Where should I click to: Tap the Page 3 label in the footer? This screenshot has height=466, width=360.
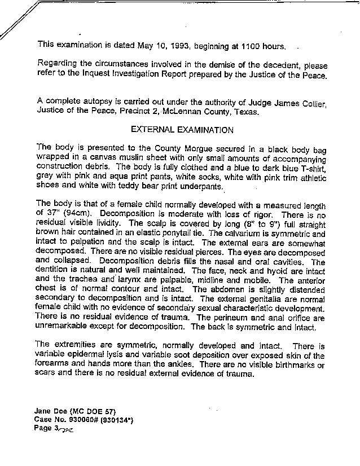[x=47, y=428]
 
